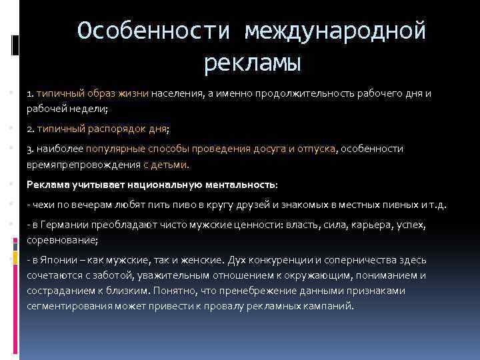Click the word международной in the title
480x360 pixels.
(335, 31)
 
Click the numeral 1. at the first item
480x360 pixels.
(31, 93)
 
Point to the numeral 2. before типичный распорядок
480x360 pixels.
(31, 129)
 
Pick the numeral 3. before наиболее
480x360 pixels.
(31, 149)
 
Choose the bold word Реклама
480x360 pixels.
(47, 183)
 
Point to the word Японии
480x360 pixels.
(59, 260)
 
